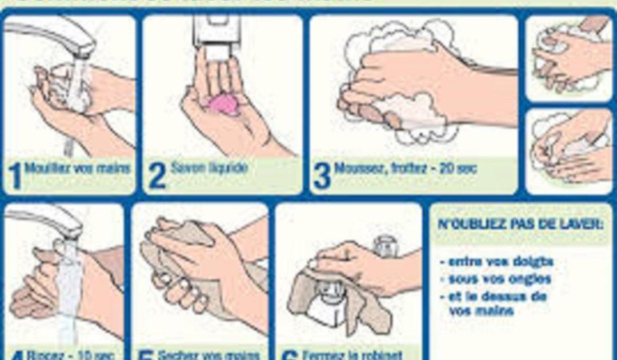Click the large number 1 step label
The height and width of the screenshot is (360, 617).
coord(15,175)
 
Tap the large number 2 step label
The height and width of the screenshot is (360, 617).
coord(157,175)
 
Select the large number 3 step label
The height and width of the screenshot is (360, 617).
coord(322,175)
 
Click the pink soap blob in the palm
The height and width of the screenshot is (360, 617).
coord(223,105)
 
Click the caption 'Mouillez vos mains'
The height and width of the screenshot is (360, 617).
coord(78,169)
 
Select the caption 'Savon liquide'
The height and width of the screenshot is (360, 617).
coord(209,168)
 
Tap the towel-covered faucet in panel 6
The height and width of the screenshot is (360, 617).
coord(331,297)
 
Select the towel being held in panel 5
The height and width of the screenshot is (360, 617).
coord(171,269)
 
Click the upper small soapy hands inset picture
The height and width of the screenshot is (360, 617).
coord(568,57)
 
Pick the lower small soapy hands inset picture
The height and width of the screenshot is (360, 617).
coord(568,151)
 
